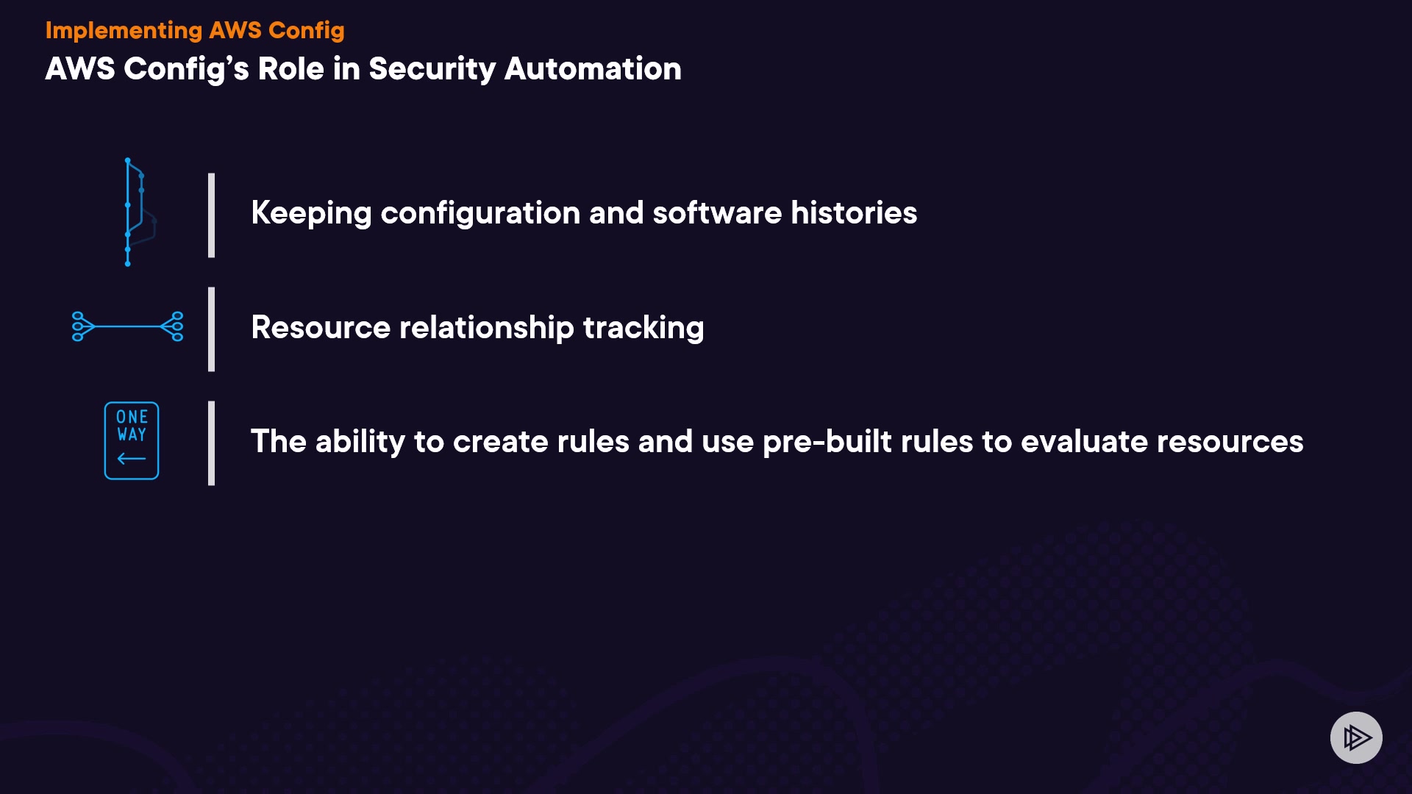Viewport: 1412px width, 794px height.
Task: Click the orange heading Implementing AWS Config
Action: tap(195, 31)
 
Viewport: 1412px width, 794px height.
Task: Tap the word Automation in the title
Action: tap(593, 69)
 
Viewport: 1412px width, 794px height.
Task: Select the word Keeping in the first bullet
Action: tap(311, 214)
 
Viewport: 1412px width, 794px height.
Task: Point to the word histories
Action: tap(854, 213)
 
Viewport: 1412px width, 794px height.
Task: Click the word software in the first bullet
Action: tap(717, 213)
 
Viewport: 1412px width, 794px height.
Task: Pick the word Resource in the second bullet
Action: tap(321, 328)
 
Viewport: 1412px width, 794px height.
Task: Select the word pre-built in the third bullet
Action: tap(827, 443)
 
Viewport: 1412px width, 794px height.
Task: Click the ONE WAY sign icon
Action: tap(132, 441)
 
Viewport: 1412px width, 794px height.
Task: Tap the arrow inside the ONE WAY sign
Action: tap(132, 459)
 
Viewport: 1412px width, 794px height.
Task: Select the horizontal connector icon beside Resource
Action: tap(128, 326)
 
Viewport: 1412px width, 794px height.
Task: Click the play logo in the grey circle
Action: tap(1357, 737)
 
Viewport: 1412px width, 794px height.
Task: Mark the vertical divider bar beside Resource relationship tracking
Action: tap(212, 329)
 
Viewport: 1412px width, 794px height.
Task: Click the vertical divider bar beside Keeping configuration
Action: tap(212, 215)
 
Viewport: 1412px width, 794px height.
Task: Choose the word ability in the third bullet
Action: tap(360, 443)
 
